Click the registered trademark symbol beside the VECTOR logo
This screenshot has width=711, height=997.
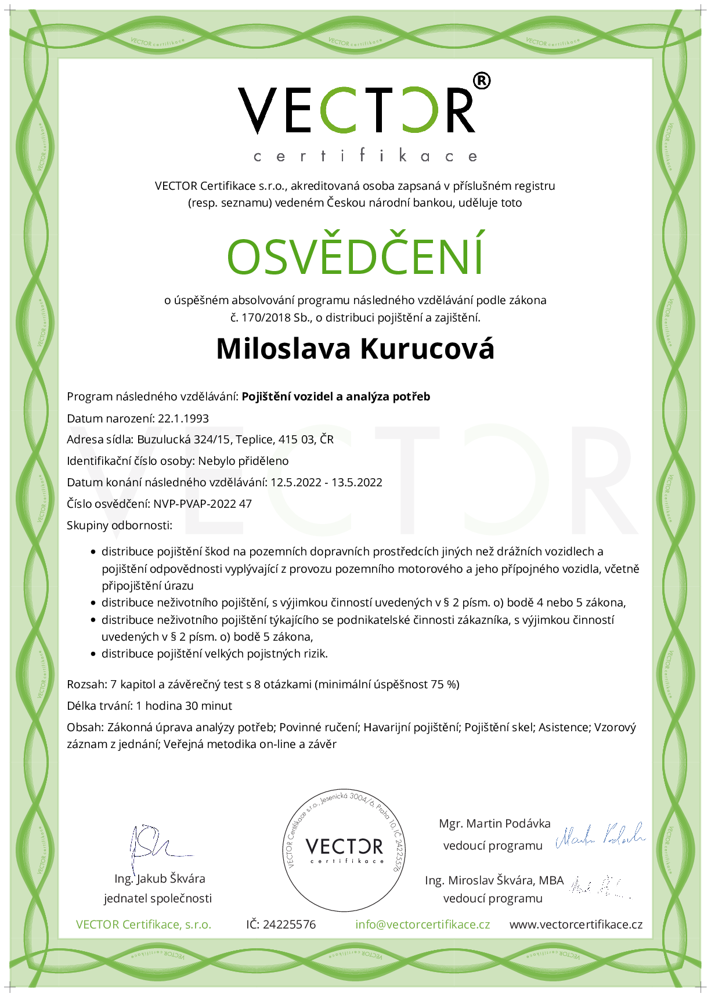pyautogui.click(x=482, y=81)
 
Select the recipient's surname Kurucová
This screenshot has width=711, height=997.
pyautogui.click(x=427, y=349)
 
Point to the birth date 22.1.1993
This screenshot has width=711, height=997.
pyautogui.click(x=183, y=418)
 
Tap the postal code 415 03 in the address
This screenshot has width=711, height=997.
pyautogui.click(x=296, y=439)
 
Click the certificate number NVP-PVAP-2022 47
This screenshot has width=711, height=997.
pyautogui.click(x=203, y=504)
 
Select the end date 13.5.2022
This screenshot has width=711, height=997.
pyautogui.click(x=357, y=482)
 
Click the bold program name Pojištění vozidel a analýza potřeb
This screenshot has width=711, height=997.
pyautogui.click(x=336, y=397)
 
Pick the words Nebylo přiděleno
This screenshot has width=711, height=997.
pyautogui.click(x=243, y=461)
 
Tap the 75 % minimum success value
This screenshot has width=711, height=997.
pyautogui.click(x=444, y=684)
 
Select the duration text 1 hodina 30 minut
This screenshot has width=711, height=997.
pyautogui.click(x=184, y=706)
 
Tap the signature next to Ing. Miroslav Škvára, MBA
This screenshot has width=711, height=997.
pyautogui.click(x=598, y=886)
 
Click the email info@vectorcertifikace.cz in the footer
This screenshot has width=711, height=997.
pyautogui.click(x=423, y=924)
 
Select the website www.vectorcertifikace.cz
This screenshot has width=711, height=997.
pyautogui.click(x=576, y=924)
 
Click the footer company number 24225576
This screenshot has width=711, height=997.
pyautogui.click(x=289, y=924)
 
